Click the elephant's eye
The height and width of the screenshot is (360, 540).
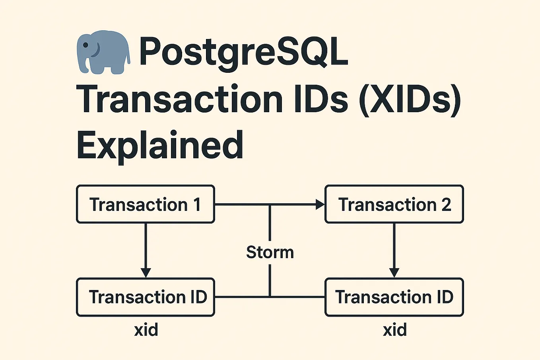coord(85,45)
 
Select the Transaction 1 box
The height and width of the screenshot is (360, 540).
coord(146,204)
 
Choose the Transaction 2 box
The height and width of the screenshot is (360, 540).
coord(394,204)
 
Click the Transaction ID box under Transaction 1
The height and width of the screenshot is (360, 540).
coord(146,297)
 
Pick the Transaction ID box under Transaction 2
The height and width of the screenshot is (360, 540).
coord(394,297)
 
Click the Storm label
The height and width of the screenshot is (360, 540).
coord(270,252)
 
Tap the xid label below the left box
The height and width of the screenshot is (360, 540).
coord(146,330)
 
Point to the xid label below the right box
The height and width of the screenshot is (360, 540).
coord(395,330)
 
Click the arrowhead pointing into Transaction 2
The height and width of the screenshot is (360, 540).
coord(320,204)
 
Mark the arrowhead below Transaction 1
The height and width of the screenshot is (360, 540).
coord(146,272)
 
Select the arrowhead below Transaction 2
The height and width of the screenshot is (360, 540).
coord(394,272)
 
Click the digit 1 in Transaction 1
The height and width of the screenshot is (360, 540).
coord(197,204)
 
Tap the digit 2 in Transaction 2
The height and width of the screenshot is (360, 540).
coord(446,204)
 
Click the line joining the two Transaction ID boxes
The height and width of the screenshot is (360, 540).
coord(243,297)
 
